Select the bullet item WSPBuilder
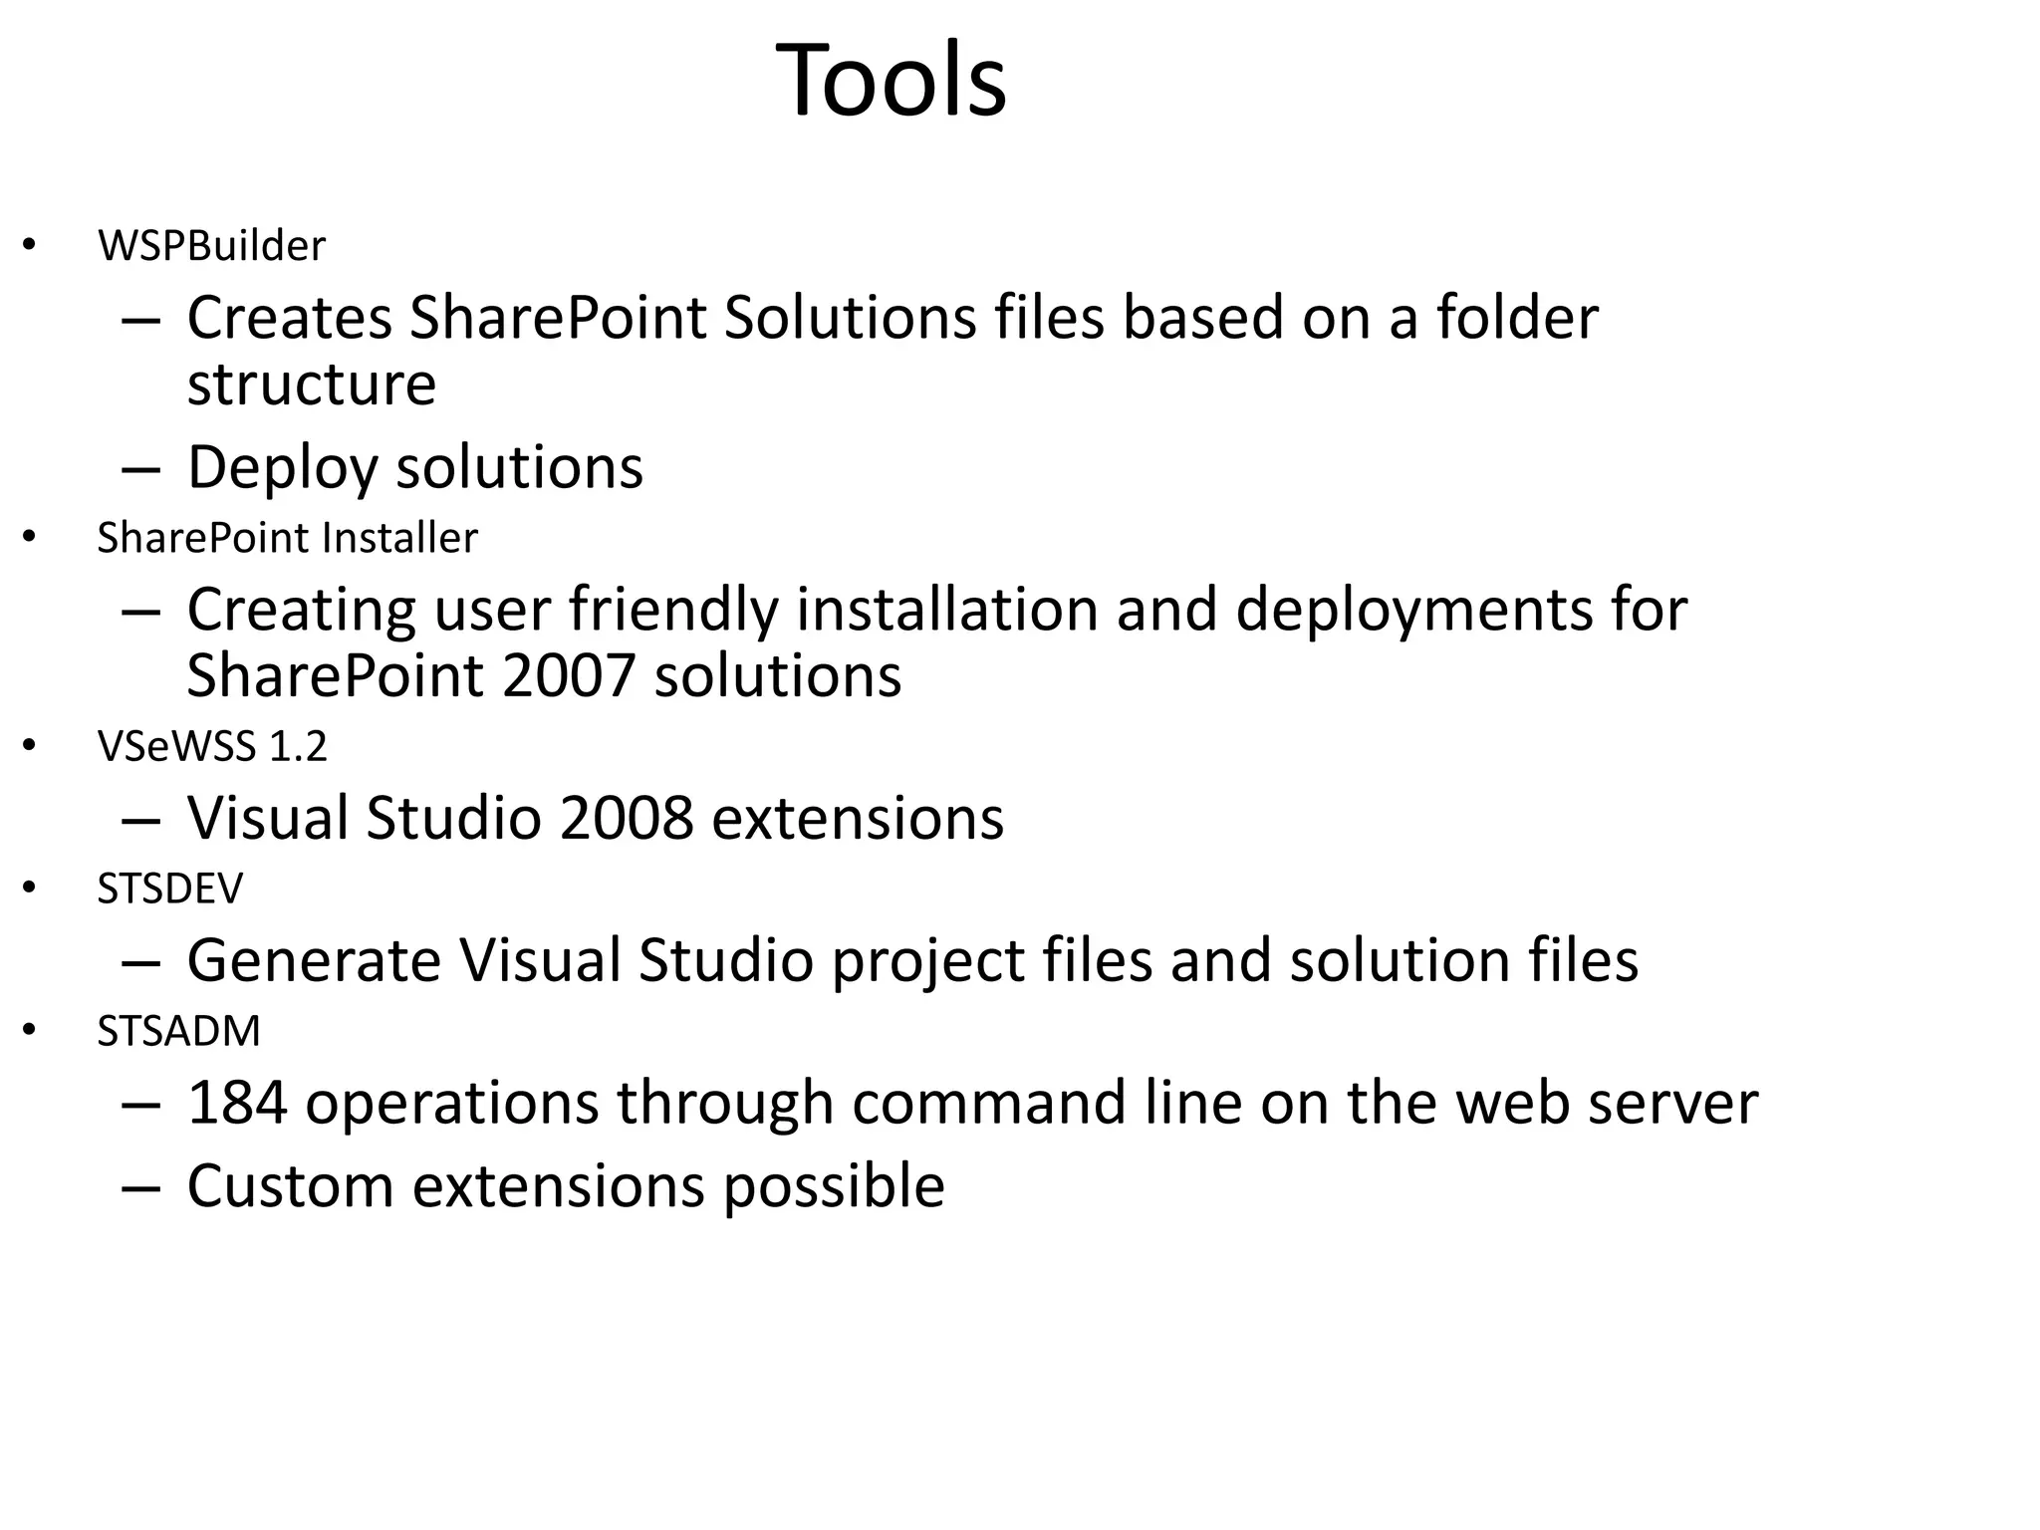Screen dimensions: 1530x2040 (x=211, y=246)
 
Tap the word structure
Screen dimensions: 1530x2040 (x=312, y=384)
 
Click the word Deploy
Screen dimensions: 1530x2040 (x=282, y=468)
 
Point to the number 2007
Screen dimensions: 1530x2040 (x=569, y=676)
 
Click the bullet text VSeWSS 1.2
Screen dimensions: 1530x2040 (x=212, y=747)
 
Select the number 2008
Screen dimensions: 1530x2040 (x=626, y=819)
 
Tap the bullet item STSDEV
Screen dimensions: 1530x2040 (x=169, y=889)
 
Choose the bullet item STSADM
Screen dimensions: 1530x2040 (x=178, y=1031)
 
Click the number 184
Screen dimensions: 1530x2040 (x=237, y=1103)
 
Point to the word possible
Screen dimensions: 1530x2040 (x=834, y=1188)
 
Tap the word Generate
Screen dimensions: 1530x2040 (x=314, y=961)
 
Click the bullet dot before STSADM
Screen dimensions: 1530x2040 (x=30, y=1031)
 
